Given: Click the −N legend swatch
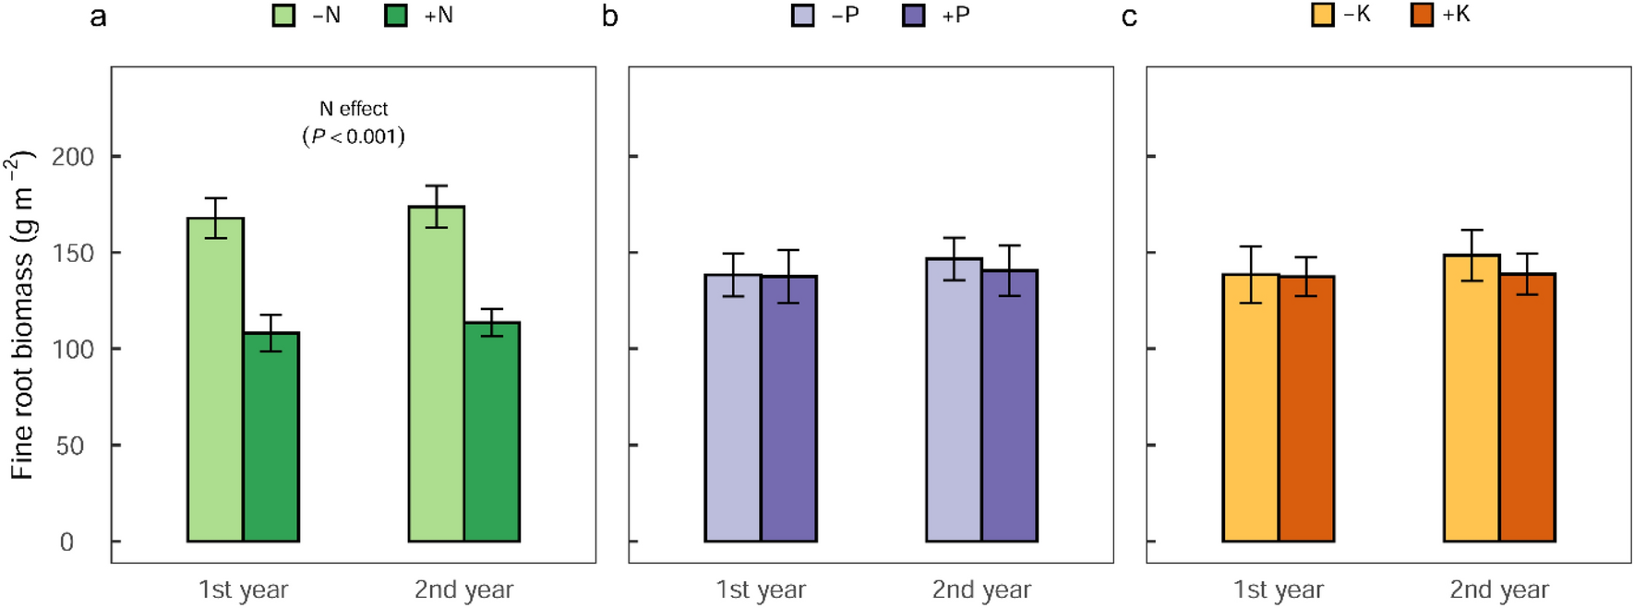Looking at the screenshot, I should click(283, 16).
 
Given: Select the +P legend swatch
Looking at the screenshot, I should click(914, 16).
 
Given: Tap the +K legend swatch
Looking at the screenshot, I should click(1423, 15).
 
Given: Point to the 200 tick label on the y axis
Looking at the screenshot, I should click(73, 157).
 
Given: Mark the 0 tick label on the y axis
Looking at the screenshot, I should click(66, 542).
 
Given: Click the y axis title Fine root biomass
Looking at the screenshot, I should click(22, 314).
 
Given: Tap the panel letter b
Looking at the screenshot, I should click(609, 17).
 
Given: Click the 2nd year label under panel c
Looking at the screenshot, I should click(1499, 590).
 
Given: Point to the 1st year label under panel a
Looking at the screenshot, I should click(243, 590).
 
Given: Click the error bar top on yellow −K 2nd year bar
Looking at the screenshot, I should click(1472, 230).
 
